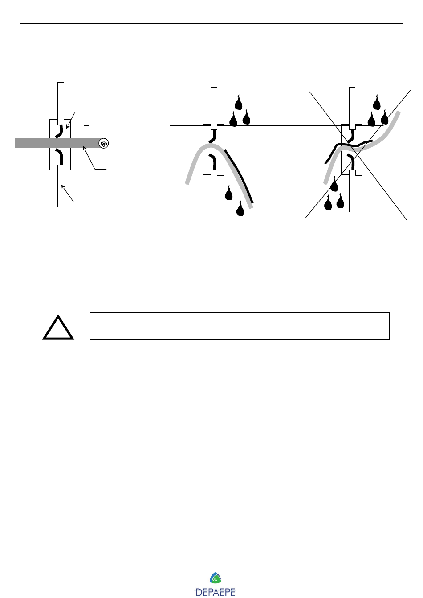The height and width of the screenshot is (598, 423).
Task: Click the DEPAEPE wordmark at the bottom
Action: click(x=216, y=592)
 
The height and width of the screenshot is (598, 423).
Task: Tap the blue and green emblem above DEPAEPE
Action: click(x=216, y=578)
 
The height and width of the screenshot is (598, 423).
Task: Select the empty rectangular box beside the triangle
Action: click(x=240, y=326)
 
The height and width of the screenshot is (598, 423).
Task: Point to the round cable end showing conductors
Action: click(x=104, y=143)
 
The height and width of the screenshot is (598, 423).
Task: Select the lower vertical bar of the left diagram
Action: click(x=61, y=187)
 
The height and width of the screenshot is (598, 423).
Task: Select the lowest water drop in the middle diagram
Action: click(x=240, y=209)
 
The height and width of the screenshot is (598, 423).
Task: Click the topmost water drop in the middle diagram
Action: click(x=239, y=103)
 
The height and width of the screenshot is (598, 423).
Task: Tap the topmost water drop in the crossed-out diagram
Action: click(x=377, y=103)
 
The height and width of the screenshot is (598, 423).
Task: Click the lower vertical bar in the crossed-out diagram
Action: click(x=352, y=191)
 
